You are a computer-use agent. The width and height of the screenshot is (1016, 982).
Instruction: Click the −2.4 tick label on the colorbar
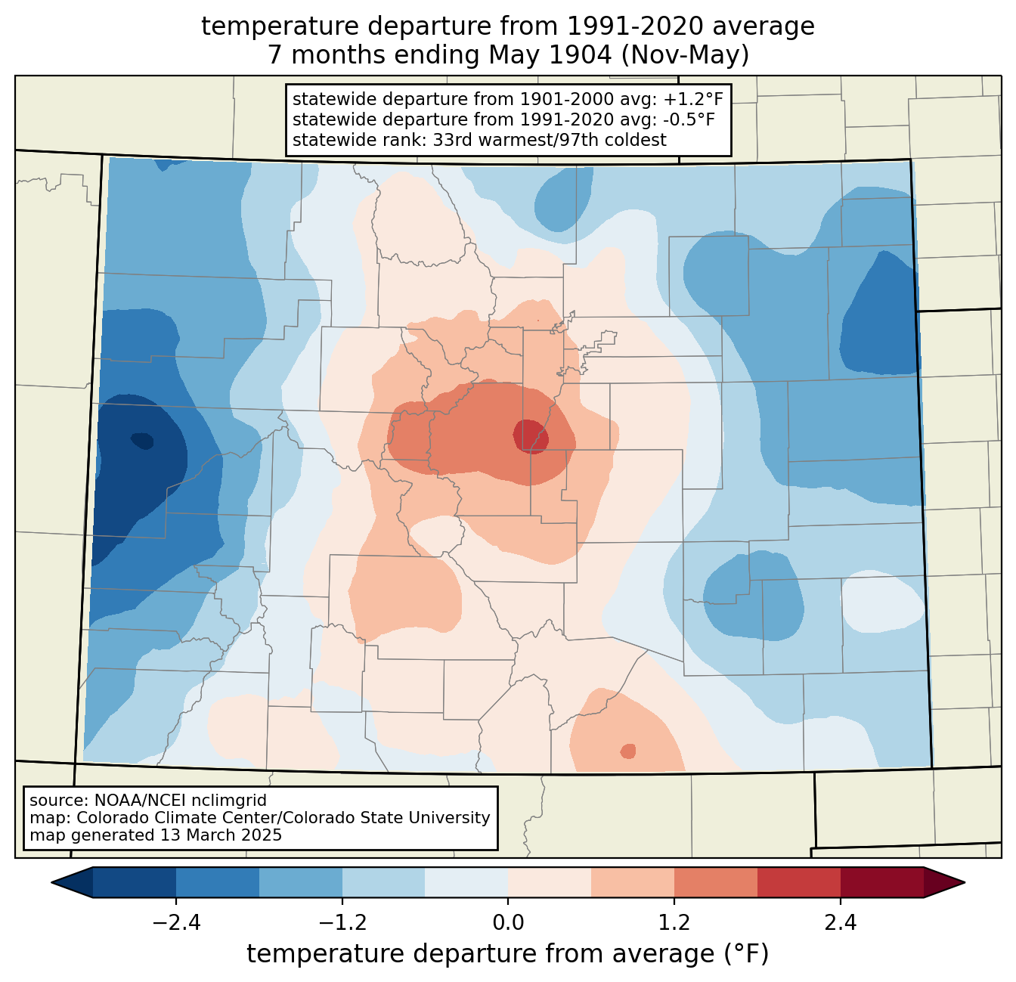tap(176, 923)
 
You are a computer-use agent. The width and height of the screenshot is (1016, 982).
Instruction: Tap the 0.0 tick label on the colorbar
tap(508, 923)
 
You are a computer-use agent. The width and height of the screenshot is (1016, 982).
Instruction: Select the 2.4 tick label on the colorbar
tap(840, 923)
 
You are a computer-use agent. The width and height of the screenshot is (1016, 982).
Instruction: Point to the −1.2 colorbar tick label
tap(342, 923)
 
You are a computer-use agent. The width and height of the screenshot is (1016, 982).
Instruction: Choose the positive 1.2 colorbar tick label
tap(674, 923)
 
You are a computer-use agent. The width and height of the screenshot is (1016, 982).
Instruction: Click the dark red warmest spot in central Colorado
tap(531, 435)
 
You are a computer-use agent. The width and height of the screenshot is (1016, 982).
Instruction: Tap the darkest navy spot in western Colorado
tap(142, 441)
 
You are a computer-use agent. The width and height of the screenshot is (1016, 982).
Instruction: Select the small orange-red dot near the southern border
tap(628, 751)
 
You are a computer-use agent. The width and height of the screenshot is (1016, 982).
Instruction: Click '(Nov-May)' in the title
tap(685, 55)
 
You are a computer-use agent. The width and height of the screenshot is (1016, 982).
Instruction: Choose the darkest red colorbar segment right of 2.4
tap(882, 882)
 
